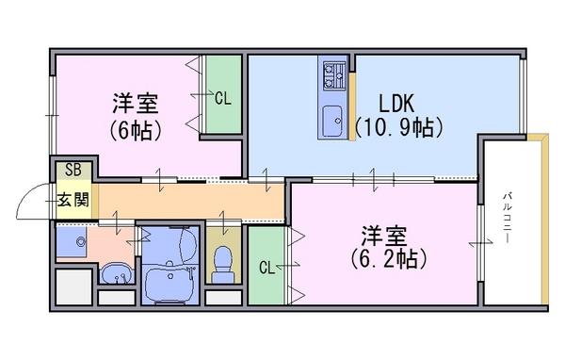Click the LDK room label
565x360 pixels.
(x=396, y=103)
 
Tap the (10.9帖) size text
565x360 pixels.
(x=398, y=127)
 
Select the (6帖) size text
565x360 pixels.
(x=135, y=130)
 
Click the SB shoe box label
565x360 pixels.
(x=73, y=170)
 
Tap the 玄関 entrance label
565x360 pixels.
(x=73, y=200)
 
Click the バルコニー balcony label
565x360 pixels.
(x=508, y=219)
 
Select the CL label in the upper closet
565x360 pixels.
(x=222, y=98)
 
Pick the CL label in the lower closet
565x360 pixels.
(x=267, y=268)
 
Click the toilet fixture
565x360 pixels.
(x=222, y=264)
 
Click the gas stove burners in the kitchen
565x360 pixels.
(x=333, y=76)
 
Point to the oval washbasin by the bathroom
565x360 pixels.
(x=116, y=273)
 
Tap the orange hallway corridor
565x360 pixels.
(x=191, y=201)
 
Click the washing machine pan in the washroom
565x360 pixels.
(x=72, y=241)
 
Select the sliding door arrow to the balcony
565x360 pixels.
(x=480, y=243)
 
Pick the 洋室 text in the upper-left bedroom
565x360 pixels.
(x=135, y=103)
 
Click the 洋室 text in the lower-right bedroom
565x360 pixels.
(x=384, y=236)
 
